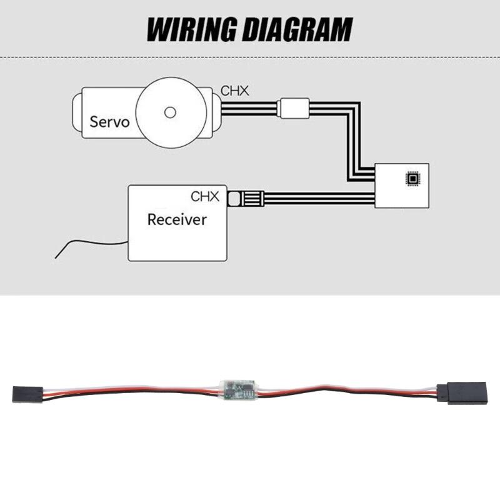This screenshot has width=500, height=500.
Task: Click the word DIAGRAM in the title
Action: coord(297,29)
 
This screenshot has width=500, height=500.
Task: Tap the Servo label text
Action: coord(109,121)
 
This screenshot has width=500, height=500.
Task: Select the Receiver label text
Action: coord(176,219)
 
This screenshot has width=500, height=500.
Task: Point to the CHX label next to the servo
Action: coord(235,91)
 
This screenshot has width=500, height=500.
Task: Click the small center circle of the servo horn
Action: coord(169,112)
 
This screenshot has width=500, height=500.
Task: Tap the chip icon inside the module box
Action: coord(412,179)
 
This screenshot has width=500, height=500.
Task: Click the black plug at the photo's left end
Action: coord(27,394)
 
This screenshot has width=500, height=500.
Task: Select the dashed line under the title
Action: coord(250,57)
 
